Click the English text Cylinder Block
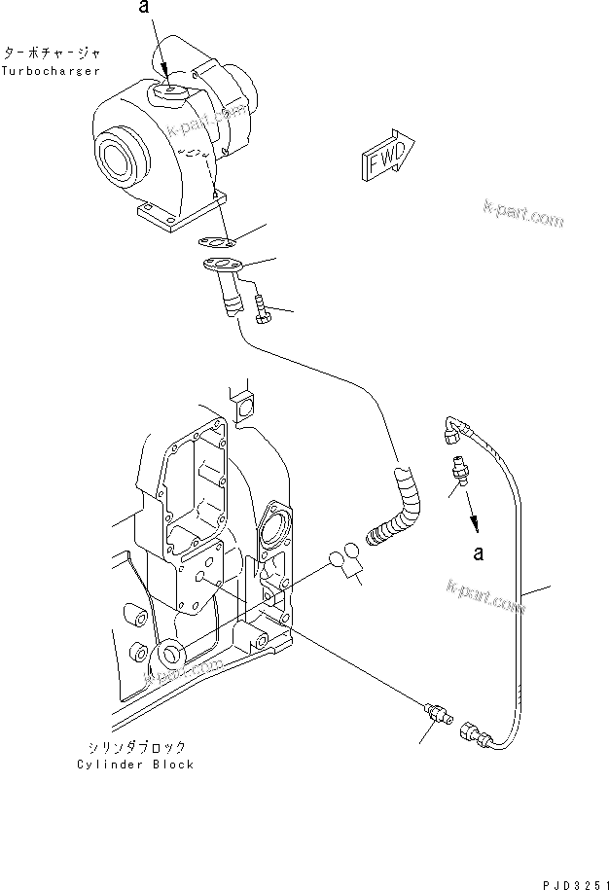point(135,765)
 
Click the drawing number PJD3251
point(568,877)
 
